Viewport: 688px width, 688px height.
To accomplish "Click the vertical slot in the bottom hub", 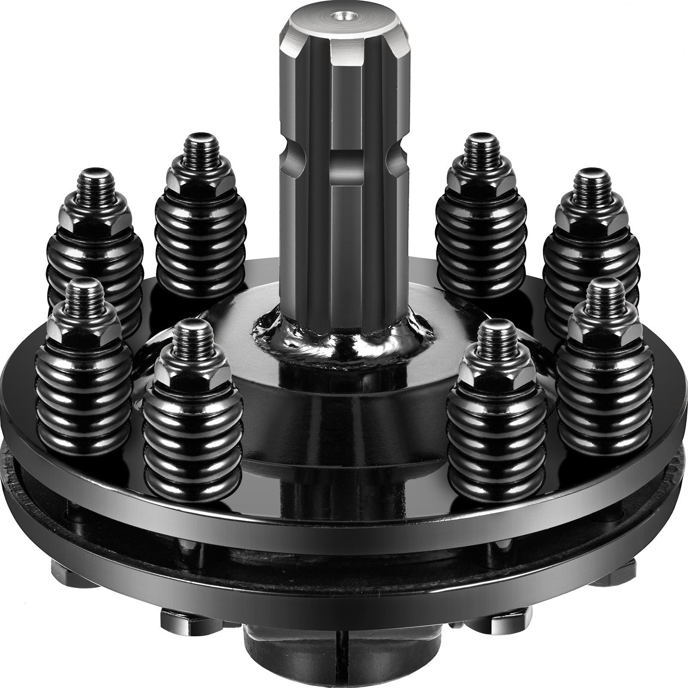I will [x=343, y=662].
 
